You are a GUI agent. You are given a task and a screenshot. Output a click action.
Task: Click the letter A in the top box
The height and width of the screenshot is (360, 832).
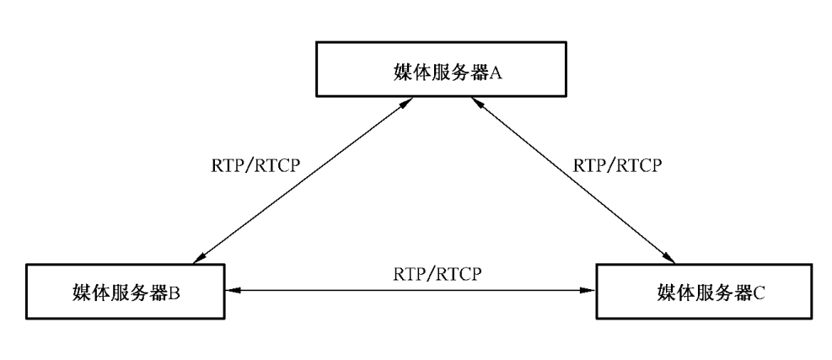(x=497, y=73)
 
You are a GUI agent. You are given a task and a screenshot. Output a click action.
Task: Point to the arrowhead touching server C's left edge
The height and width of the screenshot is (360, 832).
(x=591, y=289)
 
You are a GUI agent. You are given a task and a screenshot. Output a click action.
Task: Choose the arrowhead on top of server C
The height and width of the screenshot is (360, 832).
(x=670, y=258)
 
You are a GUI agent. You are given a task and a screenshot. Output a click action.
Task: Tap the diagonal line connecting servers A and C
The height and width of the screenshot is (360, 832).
(x=573, y=181)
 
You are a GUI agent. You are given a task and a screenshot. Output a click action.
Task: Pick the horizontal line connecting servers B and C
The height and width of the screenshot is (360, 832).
(x=413, y=289)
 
